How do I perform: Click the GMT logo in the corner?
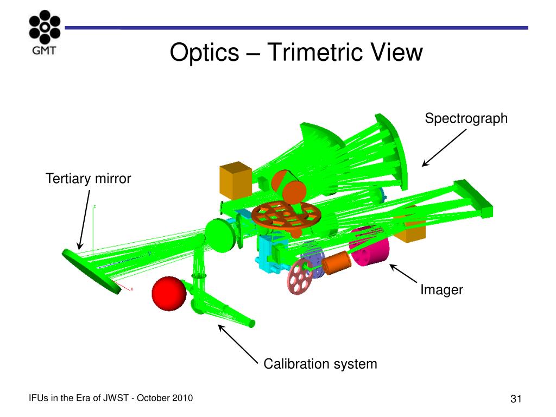[45, 32]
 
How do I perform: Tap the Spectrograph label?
[466, 118]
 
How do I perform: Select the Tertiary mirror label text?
[89, 178]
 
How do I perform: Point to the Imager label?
[441, 290]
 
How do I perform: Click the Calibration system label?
[320, 364]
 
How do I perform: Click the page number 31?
[516, 399]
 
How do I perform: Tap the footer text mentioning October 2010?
[111, 398]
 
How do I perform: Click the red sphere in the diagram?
[169, 294]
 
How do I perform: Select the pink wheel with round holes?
[300, 276]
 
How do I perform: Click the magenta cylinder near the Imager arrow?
[369, 247]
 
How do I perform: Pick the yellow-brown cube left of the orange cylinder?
[236, 180]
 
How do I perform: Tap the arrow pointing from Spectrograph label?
[444, 148]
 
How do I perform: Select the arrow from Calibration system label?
[238, 344]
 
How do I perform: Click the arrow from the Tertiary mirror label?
[84, 220]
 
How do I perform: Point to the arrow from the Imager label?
[403, 274]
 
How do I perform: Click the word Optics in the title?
[205, 53]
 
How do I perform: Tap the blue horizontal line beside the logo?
[296, 28]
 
